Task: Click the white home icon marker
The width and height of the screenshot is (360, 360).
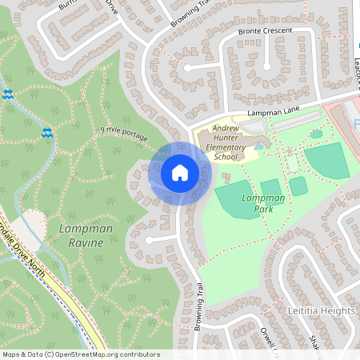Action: (x=179, y=173)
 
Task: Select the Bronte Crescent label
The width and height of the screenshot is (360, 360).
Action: (x=265, y=31)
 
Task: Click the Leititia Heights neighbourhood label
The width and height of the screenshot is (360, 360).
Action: (x=320, y=310)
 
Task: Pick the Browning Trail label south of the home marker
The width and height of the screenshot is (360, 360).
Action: (x=198, y=309)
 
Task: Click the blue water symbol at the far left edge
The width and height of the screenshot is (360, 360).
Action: (x=8, y=94)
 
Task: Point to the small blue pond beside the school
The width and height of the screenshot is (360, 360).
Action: (x=258, y=146)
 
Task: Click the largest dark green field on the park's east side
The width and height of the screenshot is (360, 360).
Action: (x=327, y=161)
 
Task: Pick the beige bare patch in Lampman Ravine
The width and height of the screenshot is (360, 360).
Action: (x=34, y=224)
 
